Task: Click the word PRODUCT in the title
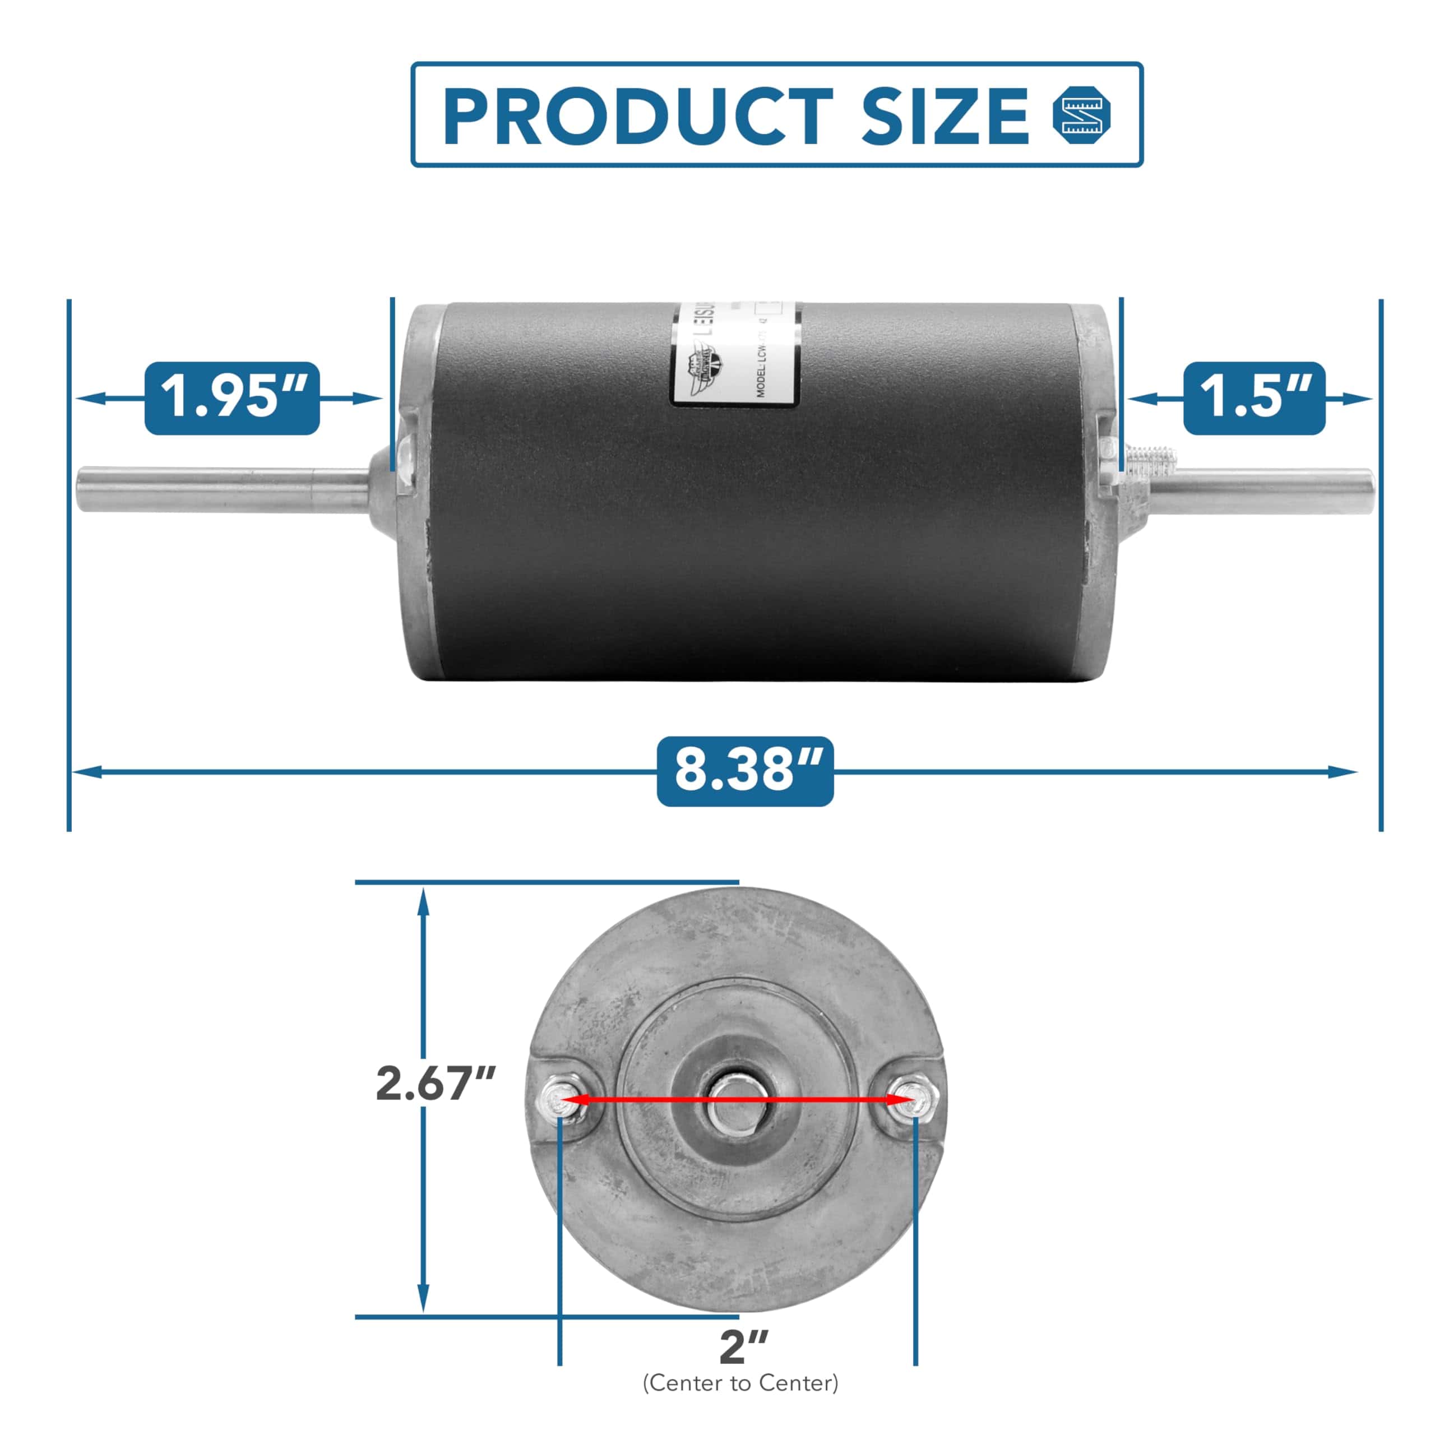coord(637,116)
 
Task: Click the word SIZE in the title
coord(944,116)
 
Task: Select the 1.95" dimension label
coord(232,398)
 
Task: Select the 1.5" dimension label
coord(1254,398)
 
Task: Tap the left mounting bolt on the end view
coord(558,1097)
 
